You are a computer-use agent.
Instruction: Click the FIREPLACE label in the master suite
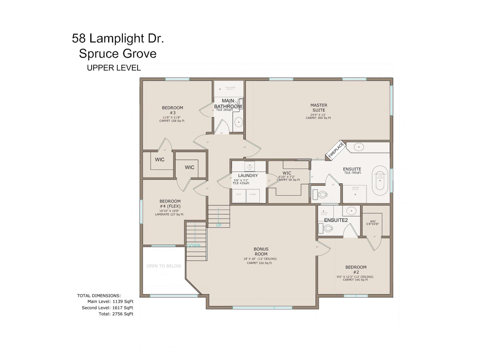point(336,151)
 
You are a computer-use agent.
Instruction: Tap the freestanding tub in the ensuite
point(380,180)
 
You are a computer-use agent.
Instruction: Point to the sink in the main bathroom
point(238,122)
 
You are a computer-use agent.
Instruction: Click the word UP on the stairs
point(219,225)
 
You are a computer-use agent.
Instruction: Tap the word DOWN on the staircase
point(194,245)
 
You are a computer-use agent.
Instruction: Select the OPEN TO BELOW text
point(164,266)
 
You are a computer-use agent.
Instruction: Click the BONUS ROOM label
point(261,251)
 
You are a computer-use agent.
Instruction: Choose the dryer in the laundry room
point(239,196)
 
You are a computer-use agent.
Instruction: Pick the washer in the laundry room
point(253,196)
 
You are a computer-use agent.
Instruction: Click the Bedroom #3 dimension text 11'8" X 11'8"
point(172,117)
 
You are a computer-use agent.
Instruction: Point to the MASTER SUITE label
point(319,107)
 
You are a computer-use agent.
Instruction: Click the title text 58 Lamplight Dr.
point(118,38)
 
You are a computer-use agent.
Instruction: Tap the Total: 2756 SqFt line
point(116,314)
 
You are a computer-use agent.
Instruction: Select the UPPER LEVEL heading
point(114,68)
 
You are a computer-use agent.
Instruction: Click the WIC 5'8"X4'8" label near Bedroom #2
point(373,223)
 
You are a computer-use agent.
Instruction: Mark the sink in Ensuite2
point(351,211)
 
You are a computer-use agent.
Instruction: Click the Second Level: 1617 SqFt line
point(107,307)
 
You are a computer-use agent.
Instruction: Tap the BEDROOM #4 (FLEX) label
point(170,203)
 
